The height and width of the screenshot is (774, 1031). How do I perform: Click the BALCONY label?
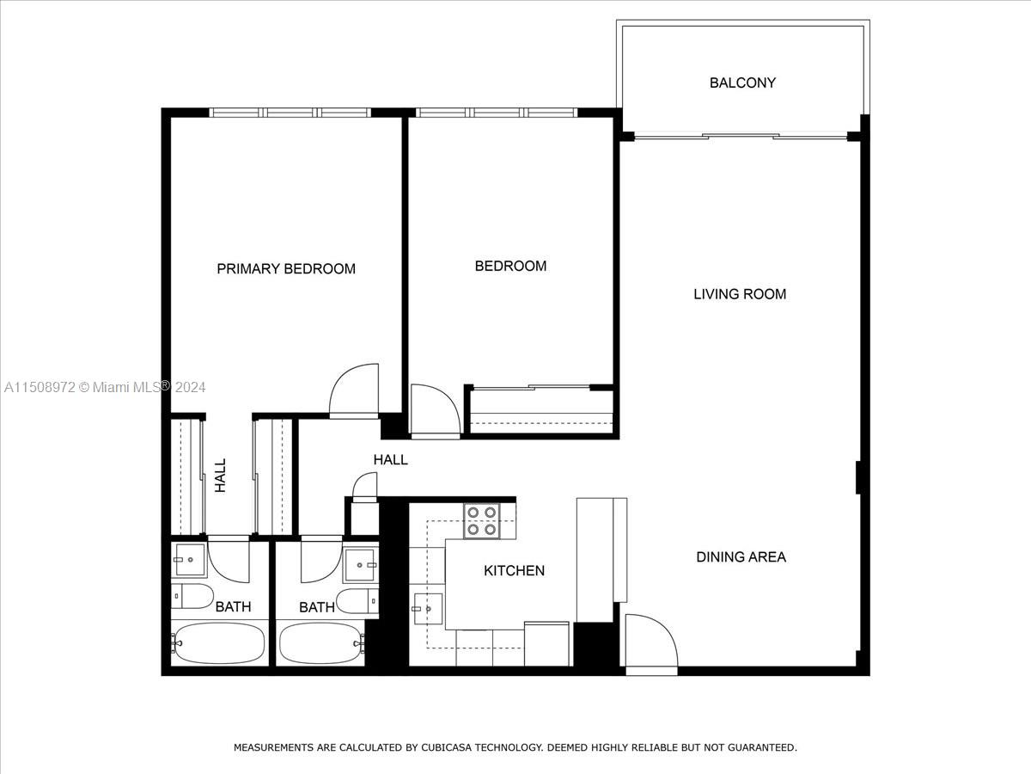742,83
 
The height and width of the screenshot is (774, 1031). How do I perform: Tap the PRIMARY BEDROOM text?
286,268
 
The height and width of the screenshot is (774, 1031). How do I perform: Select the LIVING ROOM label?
740,294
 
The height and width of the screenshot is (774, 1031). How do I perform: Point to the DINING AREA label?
741,556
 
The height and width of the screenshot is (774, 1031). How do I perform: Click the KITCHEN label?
514,570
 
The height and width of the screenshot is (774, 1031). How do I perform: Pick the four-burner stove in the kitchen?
481,521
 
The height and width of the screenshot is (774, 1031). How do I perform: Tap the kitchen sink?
427,609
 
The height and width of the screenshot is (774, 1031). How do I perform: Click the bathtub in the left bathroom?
219,642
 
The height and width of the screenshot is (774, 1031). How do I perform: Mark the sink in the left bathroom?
188,560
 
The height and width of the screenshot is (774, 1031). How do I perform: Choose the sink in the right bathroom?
361,566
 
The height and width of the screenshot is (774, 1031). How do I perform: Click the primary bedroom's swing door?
354,391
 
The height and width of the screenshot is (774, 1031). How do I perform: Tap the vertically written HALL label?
220,475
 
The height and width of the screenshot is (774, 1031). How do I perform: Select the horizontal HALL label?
390,460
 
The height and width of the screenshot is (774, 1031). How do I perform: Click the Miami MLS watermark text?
105,388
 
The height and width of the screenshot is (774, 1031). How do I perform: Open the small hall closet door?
364,488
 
